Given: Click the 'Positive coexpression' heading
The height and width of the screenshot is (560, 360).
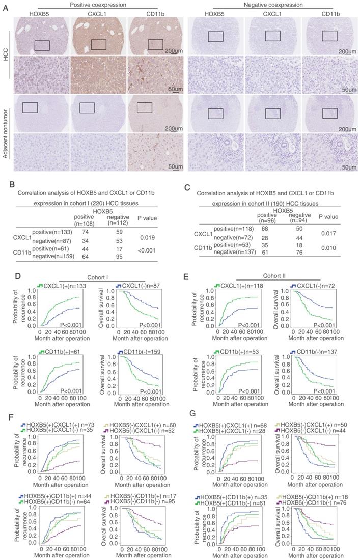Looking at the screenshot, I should click(x=91, y=4).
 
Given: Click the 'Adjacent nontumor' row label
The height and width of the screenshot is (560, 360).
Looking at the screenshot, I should click(x=5, y=130).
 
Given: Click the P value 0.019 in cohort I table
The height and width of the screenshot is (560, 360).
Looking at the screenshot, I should click(x=145, y=237).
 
